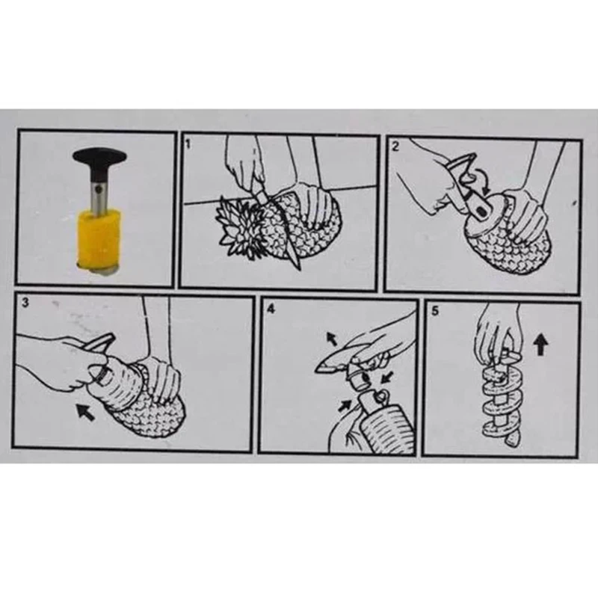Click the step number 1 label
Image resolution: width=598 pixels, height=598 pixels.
coord(188,144)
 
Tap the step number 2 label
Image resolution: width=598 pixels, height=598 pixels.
coord(395,146)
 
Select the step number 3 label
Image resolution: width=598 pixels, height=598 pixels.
coord(25,303)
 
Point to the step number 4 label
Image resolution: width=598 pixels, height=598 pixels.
coord(271,309)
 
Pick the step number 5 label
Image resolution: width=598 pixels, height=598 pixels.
coord(435,311)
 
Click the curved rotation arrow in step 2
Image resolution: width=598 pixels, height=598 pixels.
coord(481,180)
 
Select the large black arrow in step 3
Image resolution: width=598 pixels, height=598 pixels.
coord(85,413)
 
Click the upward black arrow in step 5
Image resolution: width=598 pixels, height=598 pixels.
coord(540,344)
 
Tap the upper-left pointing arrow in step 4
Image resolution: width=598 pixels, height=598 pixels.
coord(331,339)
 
